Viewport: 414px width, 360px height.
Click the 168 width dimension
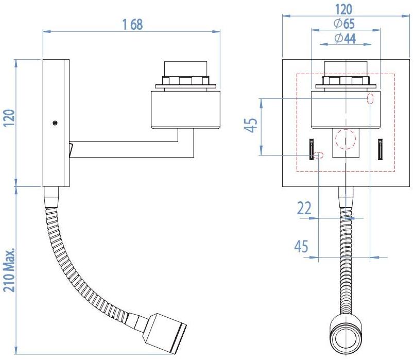132,24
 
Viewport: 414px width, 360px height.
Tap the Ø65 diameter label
344,24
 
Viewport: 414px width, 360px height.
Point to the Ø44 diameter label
344,40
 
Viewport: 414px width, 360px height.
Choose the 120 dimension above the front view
344,9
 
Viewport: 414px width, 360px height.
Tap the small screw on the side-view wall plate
55,123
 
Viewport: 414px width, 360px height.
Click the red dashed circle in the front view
345,139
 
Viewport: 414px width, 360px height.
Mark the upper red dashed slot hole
370,99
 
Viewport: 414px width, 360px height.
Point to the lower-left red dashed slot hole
319,155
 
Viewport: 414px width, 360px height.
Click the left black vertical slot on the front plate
312,149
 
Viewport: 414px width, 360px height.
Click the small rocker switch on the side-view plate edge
71,150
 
